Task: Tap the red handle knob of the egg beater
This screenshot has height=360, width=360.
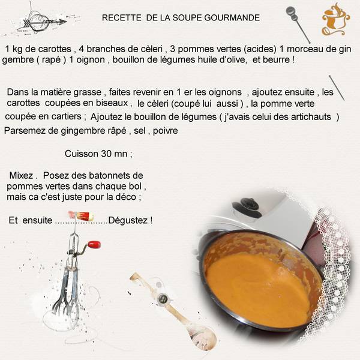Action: pyautogui.click(x=94, y=244)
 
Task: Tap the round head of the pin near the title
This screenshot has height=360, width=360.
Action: pyautogui.click(x=291, y=11)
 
